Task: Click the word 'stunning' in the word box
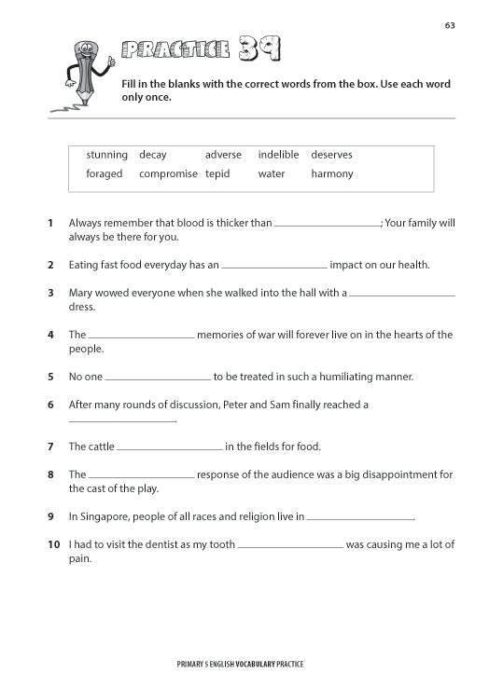pos(106,155)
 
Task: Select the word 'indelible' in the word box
pos(278,155)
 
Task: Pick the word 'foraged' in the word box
pos(105,173)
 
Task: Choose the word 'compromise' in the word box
pos(168,173)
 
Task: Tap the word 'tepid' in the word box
pos(217,173)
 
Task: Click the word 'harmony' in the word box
pos(332,173)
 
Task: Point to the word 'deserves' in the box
pos(331,155)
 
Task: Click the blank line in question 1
pos(328,225)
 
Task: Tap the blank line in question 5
pos(158,378)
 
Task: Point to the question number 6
pos(50,405)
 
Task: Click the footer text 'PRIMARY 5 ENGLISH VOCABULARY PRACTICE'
pos(240,664)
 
